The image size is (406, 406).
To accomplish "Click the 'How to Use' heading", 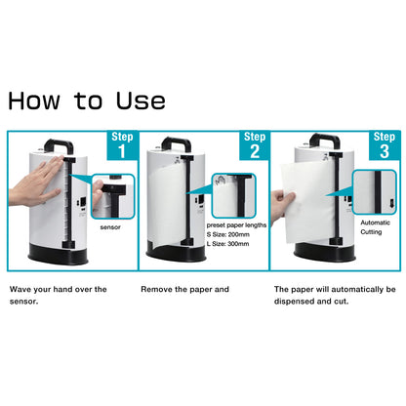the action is (x=87, y=101).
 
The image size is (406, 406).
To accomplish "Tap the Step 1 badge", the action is (x=122, y=145).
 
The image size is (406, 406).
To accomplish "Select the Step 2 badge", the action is (x=255, y=145).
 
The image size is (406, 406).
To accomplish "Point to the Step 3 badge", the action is (x=385, y=145).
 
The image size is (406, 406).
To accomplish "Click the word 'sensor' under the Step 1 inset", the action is (x=110, y=227).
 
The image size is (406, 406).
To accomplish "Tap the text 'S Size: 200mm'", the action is (x=228, y=234).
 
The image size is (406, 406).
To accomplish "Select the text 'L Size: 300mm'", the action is (x=227, y=244).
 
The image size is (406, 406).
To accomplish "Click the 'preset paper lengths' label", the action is (x=236, y=225).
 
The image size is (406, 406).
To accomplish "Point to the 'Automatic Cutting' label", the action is (x=375, y=227).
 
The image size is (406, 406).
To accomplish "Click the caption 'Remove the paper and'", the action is (x=184, y=289).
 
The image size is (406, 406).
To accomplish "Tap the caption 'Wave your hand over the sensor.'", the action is (x=59, y=295).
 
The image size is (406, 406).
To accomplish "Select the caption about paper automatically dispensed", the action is (x=335, y=295).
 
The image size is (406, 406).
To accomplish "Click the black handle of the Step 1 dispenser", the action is (x=60, y=144).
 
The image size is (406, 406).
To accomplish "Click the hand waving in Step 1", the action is (x=36, y=183).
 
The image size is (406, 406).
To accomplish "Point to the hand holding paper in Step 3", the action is (x=283, y=206).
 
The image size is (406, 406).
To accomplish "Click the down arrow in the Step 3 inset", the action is (x=391, y=203).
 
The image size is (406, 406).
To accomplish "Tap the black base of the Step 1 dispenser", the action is (x=59, y=254).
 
